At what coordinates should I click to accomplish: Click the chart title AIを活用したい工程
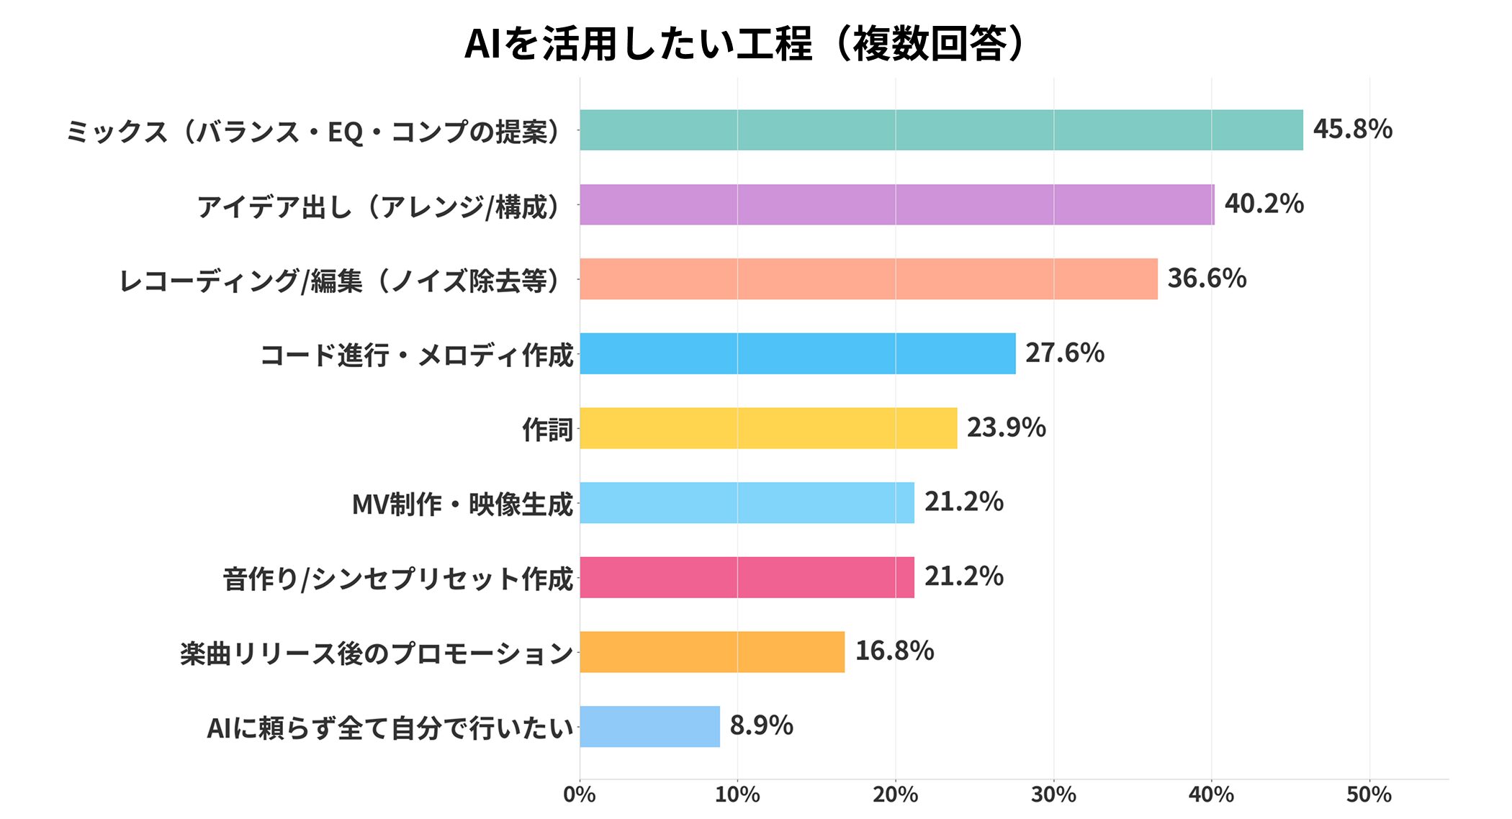pyautogui.click(x=744, y=43)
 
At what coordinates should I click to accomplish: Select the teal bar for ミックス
pyautogui.click(x=941, y=130)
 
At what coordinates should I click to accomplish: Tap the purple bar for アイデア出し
pyautogui.click(x=896, y=204)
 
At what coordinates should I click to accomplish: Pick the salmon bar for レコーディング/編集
pyautogui.click(x=868, y=279)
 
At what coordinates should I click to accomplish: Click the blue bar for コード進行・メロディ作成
pyautogui.click(x=797, y=353)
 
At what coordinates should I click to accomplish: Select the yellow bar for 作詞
pyautogui.click(x=768, y=428)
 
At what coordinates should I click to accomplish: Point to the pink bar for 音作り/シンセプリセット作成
pyautogui.click(x=747, y=577)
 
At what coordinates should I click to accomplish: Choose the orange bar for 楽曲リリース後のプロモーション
pyautogui.click(x=712, y=652)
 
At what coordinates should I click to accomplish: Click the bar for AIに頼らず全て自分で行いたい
pyautogui.click(x=649, y=726)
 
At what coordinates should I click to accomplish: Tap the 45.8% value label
pyautogui.click(x=1352, y=130)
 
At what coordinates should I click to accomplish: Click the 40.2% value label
pyautogui.click(x=1264, y=204)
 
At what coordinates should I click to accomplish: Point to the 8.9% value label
pyautogui.click(x=761, y=725)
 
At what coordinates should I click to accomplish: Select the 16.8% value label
pyautogui.click(x=894, y=651)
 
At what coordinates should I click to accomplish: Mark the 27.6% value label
pyautogui.click(x=1064, y=353)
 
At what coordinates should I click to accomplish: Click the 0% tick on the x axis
pyautogui.click(x=580, y=795)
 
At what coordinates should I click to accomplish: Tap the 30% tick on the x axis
pyautogui.click(x=1053, y=795)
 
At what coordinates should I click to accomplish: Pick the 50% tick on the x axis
pyautogui.click(x=1369, y=795)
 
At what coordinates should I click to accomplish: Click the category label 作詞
pyautogui.click(x=547, y=430)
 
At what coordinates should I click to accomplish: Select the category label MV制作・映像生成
pyautogui.click(x=462, y=504)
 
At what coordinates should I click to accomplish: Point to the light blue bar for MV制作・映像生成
pyautogui.click(x=747, y=502)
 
